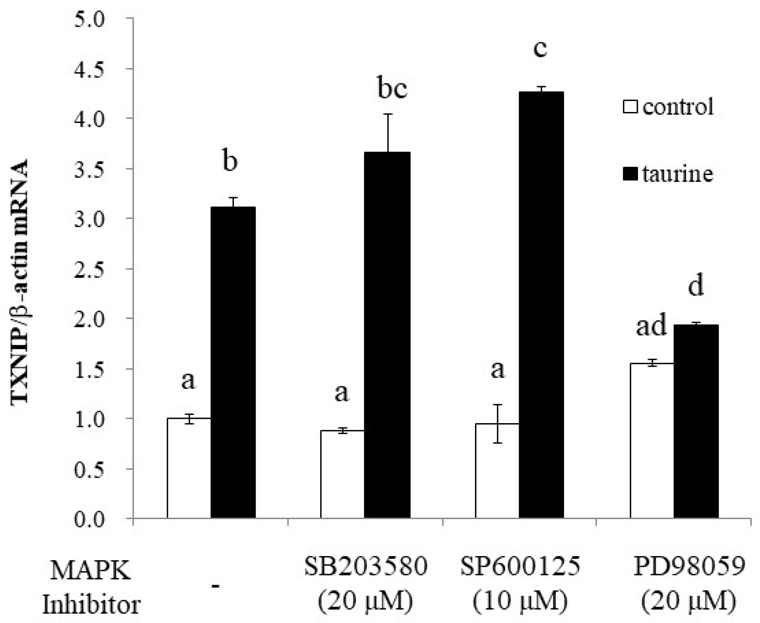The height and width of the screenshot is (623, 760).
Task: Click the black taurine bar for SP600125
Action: pyautogui.click(x=541, y=305)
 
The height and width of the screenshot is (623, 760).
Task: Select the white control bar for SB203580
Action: pyautogui.click(x=342, y=474)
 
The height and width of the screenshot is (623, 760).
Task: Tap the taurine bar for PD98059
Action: pyautogui.click(x=696, y=422)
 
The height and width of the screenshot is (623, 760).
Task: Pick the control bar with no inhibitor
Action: pyautogui.click(x=189, y=468)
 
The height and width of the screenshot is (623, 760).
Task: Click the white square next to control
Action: pyautogui.click(x=631, y=107)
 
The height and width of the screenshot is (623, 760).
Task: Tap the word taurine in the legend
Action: pyautogui.click(x=677, y=174)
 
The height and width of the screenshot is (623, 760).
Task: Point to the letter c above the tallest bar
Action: pyautogui.click(x=540, y=49)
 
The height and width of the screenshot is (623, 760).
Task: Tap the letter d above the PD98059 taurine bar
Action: pyautogui.click(x=696, y=286)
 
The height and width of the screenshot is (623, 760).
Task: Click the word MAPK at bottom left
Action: pyautogui.click(x=90, y=571)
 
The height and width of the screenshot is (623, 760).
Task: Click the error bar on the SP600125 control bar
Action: pyautogui.click(x=497, y=423)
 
